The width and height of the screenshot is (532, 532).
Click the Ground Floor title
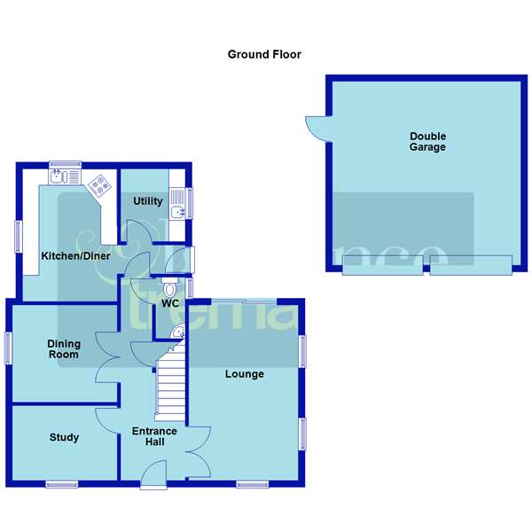[264, 54]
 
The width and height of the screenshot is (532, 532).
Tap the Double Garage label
[427, 142]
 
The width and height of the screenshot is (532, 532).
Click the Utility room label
[148, 201]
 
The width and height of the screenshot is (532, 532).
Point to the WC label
[170, 303]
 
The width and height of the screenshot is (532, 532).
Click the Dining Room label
[64, 349]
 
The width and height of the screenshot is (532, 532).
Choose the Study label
[64, 437]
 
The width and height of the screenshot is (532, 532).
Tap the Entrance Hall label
[154, 437]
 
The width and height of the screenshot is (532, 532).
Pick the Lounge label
[244, 374]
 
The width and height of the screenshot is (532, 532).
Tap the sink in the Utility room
[180, 210]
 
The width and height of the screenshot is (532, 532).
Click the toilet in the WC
[170, 286]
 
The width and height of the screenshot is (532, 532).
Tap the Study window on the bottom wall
[61, 483]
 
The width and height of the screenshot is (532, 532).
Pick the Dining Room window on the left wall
[9, 346]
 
